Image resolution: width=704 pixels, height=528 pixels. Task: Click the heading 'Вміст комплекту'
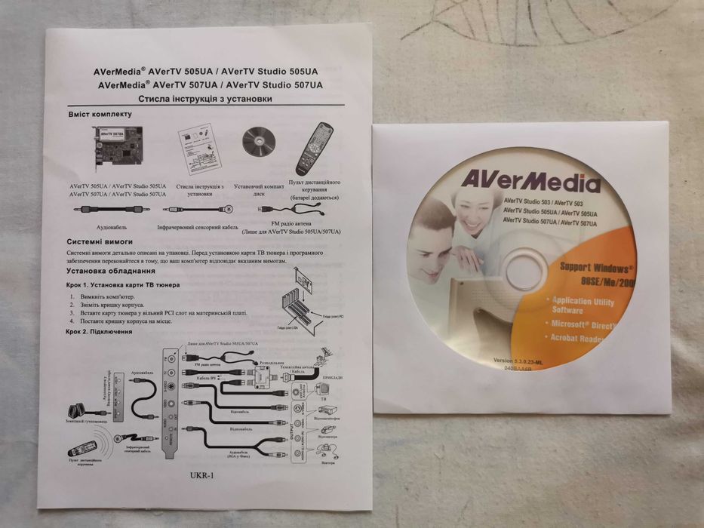click(100, 115)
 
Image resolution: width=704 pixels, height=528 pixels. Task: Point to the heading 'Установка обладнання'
click(111, 270)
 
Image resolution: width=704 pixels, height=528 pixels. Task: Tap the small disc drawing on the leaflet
click(256, 142)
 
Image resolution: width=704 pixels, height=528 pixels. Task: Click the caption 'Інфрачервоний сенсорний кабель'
click(197, 226)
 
